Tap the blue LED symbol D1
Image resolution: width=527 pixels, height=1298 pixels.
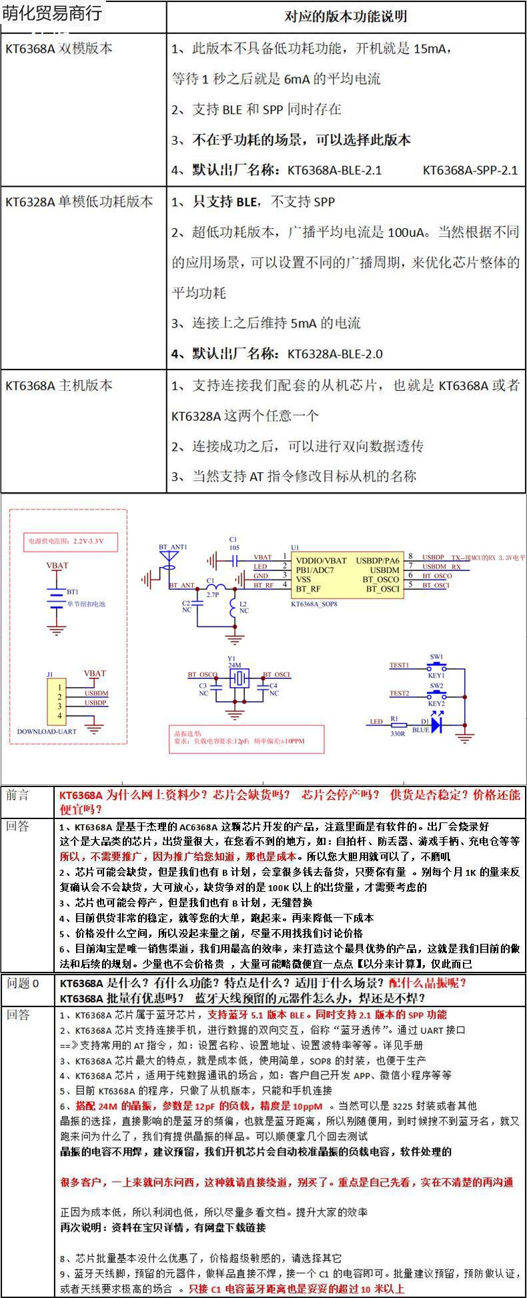point(438,723)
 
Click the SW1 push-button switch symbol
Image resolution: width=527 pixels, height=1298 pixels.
point(437,666)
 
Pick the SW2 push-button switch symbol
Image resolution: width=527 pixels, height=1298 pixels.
point(437,694)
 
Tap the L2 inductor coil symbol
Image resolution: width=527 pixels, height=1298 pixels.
point(233,608)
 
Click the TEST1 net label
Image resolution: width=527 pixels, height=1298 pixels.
point(399,666)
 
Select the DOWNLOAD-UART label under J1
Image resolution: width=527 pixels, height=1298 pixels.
point(47,732)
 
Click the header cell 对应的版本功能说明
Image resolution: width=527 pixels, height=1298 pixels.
point(346,16)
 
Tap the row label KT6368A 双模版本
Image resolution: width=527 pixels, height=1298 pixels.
point(59,49)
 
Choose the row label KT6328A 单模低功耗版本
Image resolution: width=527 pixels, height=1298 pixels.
point(79,201)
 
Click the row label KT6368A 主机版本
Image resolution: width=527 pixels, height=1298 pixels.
point(59,386)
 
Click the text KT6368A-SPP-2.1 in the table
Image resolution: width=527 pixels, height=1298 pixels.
point(470,170)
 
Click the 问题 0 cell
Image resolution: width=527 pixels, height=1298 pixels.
point(23,983)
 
